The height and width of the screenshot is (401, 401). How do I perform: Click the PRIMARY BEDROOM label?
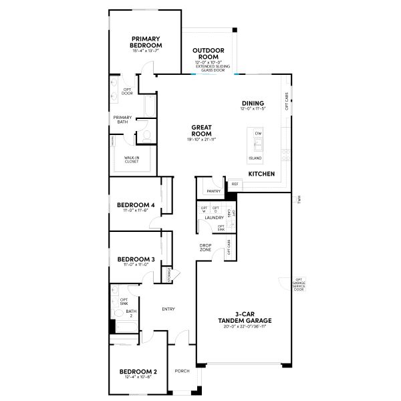coord(145,41)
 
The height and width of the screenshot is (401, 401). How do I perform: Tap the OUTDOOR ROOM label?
coord(208,53)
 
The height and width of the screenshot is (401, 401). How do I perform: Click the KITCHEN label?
coord(261,174)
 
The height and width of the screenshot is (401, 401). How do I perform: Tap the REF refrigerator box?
coord(235,184)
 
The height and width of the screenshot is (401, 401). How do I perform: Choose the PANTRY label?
coord(214,191)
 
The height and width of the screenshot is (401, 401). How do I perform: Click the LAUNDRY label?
coord(214,218)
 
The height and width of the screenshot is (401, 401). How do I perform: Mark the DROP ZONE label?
coord(206,247)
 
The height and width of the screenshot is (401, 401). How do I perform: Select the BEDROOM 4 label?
coord(136,205)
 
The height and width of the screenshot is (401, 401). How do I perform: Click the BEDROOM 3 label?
coord(136,259)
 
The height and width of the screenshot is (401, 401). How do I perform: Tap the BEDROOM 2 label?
coord(138,372)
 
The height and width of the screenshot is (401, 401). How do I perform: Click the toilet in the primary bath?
coord(146,134)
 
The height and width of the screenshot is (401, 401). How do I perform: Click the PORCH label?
coord(181,371)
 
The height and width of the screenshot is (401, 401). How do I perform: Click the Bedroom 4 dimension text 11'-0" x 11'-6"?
coord(136,211)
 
